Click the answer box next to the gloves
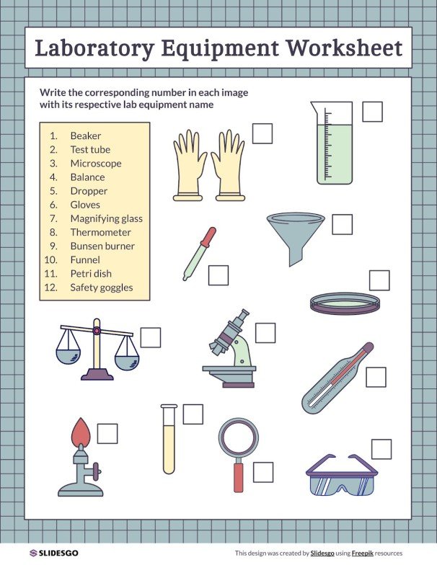(262, 133)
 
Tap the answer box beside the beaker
(372, 112)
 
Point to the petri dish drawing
(345, 303)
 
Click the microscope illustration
(231, 350)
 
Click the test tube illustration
(169, 439)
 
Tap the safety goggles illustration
(342, 475)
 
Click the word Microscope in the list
(96, 164)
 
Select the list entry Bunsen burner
(102, 246)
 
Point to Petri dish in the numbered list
(91, 274)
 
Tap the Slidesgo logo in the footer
(54, 553)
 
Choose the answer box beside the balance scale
(151, 337)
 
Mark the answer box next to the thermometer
(376, 377)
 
